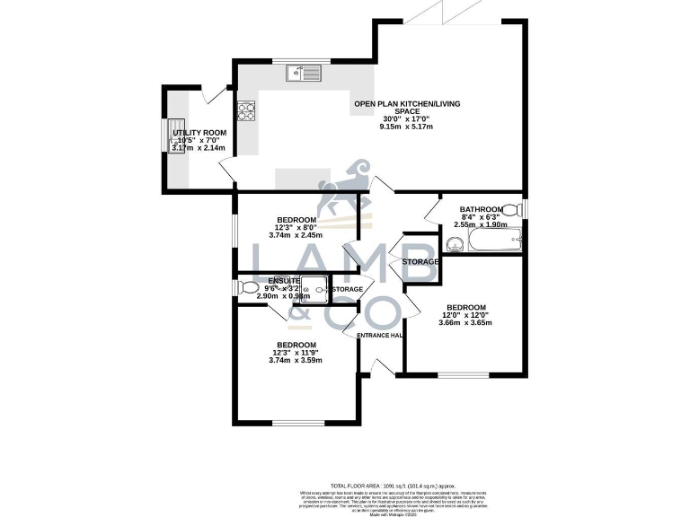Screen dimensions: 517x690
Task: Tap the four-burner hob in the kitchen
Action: (246, 111)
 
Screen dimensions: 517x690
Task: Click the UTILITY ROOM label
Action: (199, 133)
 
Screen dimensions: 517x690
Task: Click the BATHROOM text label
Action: (481, 208)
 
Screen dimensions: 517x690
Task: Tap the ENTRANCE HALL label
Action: (378, 336)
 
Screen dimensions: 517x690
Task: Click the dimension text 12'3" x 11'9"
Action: (295, 353)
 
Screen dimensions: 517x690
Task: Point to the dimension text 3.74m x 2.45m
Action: (295, 236)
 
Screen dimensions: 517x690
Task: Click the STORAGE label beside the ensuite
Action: (348, 289)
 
